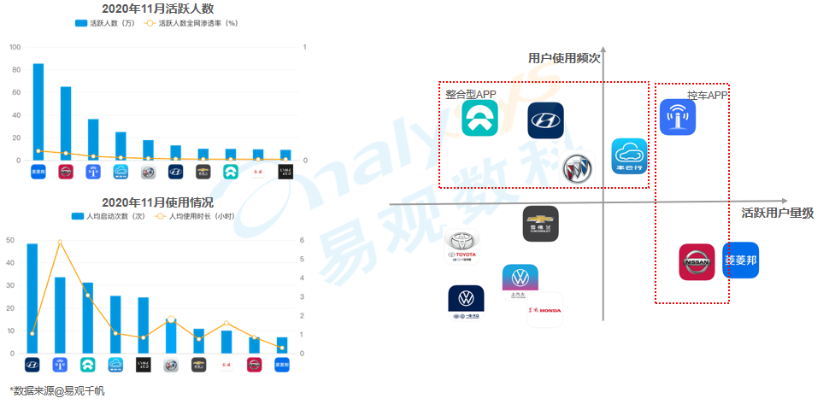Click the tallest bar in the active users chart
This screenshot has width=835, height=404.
tap(38, 111)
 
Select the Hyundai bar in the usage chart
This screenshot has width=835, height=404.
tap(32, 298)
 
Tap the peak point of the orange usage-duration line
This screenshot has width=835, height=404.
tap(60, 243)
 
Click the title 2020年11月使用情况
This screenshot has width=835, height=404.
tap(157, 202)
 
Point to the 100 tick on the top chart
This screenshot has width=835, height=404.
tap(15, 47)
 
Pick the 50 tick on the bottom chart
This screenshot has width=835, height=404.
tap(10, 240)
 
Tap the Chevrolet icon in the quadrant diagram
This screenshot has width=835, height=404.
tap(541, 224)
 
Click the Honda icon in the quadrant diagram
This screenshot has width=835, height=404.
tap(544, 310)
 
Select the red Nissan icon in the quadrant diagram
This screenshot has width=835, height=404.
tap(697, 261)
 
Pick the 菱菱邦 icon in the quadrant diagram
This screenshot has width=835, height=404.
tap(740, 260)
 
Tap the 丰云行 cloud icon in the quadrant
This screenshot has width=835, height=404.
tap(629, 157)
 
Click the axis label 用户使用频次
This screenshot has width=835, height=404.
tap(565, 58)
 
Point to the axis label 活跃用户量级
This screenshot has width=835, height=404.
tap(777, 213)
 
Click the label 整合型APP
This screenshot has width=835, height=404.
tap(470, 94)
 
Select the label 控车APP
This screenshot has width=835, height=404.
tap(706, 95)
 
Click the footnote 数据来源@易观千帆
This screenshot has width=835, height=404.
tap(57, 390)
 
